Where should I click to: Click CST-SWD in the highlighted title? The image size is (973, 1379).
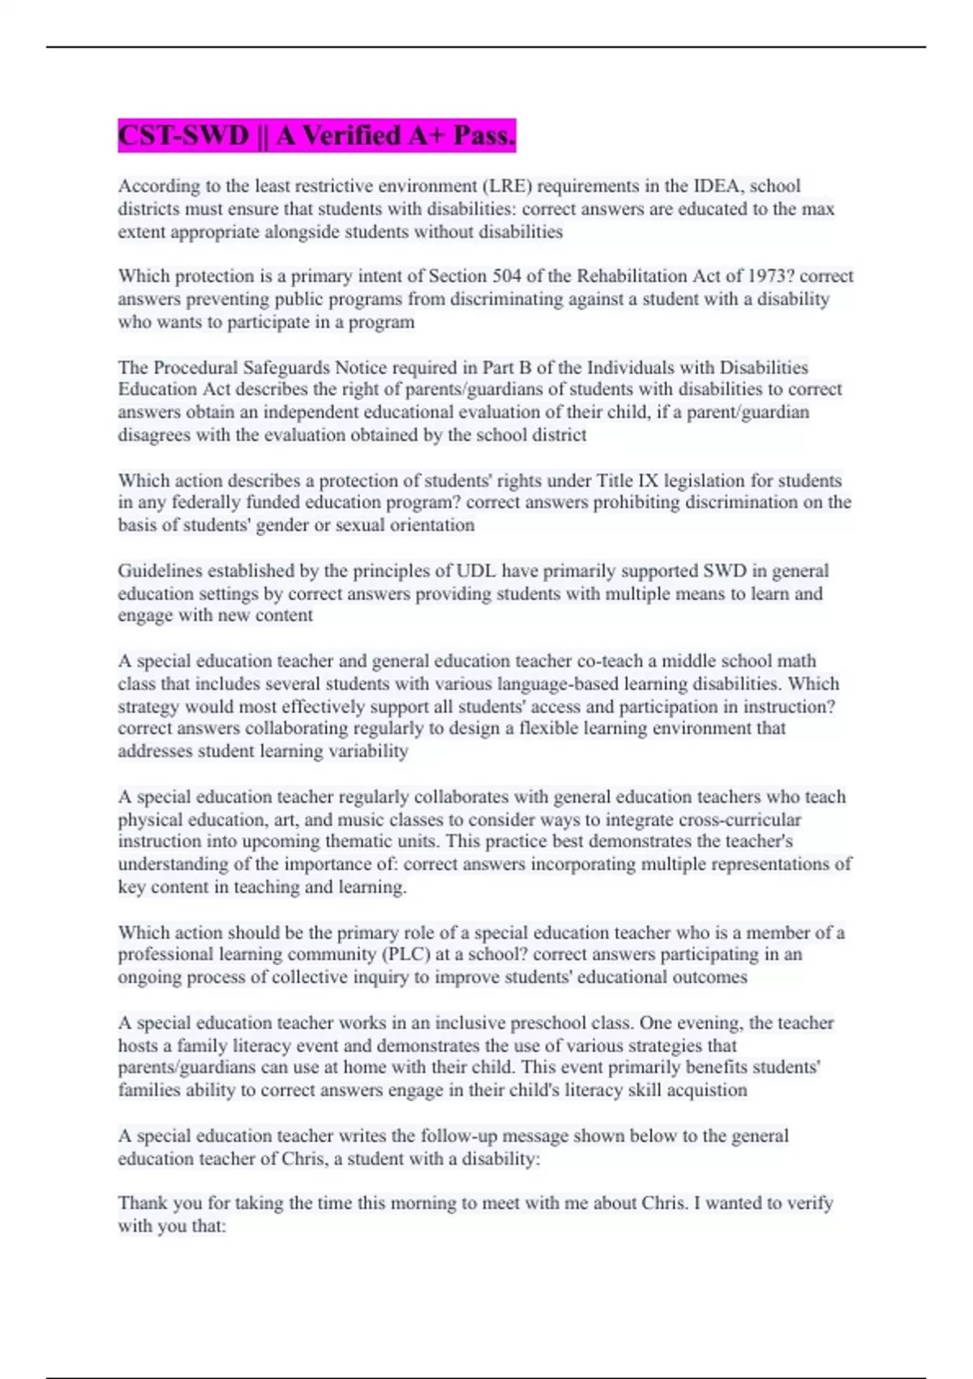tap(183, 135)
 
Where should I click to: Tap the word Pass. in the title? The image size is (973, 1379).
tap(484, 135)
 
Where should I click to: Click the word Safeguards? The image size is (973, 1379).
tap(286, 367)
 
